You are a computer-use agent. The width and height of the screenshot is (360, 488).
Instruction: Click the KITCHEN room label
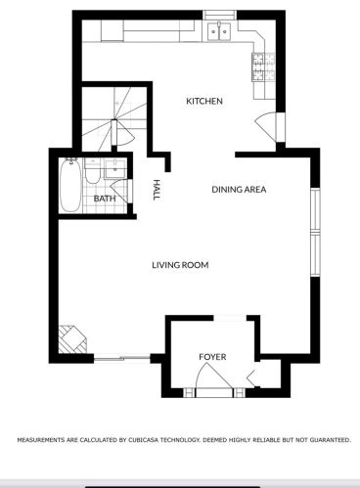click(x=204, y=101)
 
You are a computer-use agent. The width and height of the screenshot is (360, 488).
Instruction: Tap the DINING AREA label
click(x=239, y=190)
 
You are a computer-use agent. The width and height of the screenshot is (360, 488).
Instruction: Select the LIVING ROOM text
click(x=180, y=265)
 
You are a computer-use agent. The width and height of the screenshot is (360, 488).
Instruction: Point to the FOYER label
click(x=212, y=357)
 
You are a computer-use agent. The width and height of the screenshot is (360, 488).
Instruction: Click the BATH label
click(x=105, y=199)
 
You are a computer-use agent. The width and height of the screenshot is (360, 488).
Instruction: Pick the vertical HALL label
click(x=157, y=190)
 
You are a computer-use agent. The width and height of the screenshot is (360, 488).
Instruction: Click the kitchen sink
click(x=219, y=31)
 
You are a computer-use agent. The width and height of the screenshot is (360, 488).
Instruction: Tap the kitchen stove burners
click(x=263, y=67)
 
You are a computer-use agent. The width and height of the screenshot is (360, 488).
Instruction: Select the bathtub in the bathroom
click(x=70, y=185)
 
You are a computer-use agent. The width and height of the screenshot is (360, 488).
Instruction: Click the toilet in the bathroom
click(x=92, y=170)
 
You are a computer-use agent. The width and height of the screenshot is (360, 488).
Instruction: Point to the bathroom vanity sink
click(x=115, y=169)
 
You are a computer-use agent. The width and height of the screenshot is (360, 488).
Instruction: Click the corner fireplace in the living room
click(x=72, y=339)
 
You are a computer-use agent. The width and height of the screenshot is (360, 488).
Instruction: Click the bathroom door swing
click(x=120, y=192)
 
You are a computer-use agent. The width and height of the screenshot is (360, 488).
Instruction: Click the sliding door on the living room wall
click(x=122, y=358)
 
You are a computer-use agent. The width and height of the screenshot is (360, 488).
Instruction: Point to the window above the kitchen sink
click(x=220, y=15)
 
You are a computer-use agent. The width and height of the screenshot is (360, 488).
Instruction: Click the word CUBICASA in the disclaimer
click(x=144, y=440)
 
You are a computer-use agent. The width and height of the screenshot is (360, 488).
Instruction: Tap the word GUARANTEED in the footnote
click(x=331, y=440)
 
